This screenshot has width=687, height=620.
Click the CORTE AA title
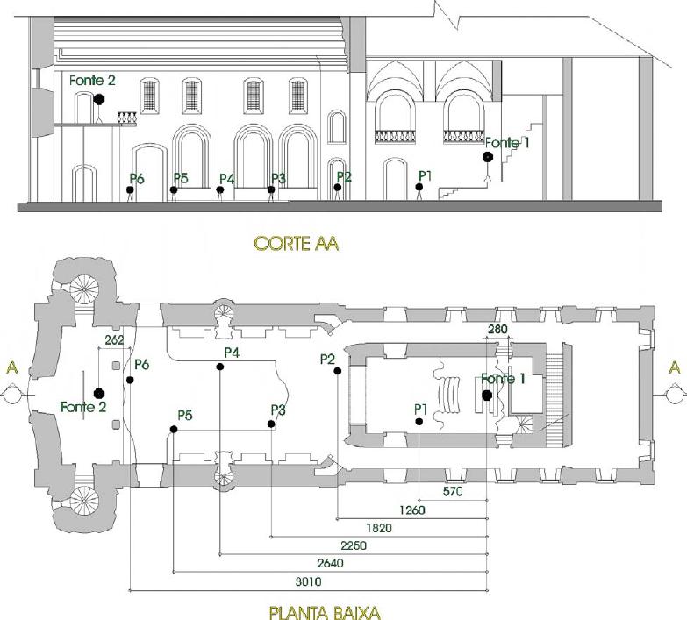(297, 244)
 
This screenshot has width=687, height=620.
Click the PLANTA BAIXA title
(325, 613)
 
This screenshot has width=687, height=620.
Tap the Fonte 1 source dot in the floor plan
(487, 396)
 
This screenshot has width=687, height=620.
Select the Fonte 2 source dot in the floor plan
(99, 393)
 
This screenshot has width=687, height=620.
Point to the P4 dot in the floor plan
(220, 367)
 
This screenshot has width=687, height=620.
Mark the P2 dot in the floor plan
(338, 371)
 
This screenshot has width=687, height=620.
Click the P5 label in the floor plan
(185, 415)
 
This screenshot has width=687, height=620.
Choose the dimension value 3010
(308, 582)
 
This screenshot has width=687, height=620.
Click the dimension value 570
(453, 492)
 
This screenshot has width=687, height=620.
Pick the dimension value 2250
(354, 546)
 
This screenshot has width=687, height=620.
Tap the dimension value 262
(114, 340)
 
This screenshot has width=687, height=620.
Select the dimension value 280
(497, 329)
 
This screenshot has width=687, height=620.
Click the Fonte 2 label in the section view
(92, 80)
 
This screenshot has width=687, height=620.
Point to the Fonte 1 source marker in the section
(487, 156)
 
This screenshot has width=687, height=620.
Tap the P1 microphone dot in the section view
(419, 187)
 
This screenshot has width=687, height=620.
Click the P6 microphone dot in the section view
(130, 190)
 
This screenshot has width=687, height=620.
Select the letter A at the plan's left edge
(12, 368)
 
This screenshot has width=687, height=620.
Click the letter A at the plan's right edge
(675, 367)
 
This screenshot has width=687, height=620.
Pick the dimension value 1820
(379, 528)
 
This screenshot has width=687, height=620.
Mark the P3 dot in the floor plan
(271, 424)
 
